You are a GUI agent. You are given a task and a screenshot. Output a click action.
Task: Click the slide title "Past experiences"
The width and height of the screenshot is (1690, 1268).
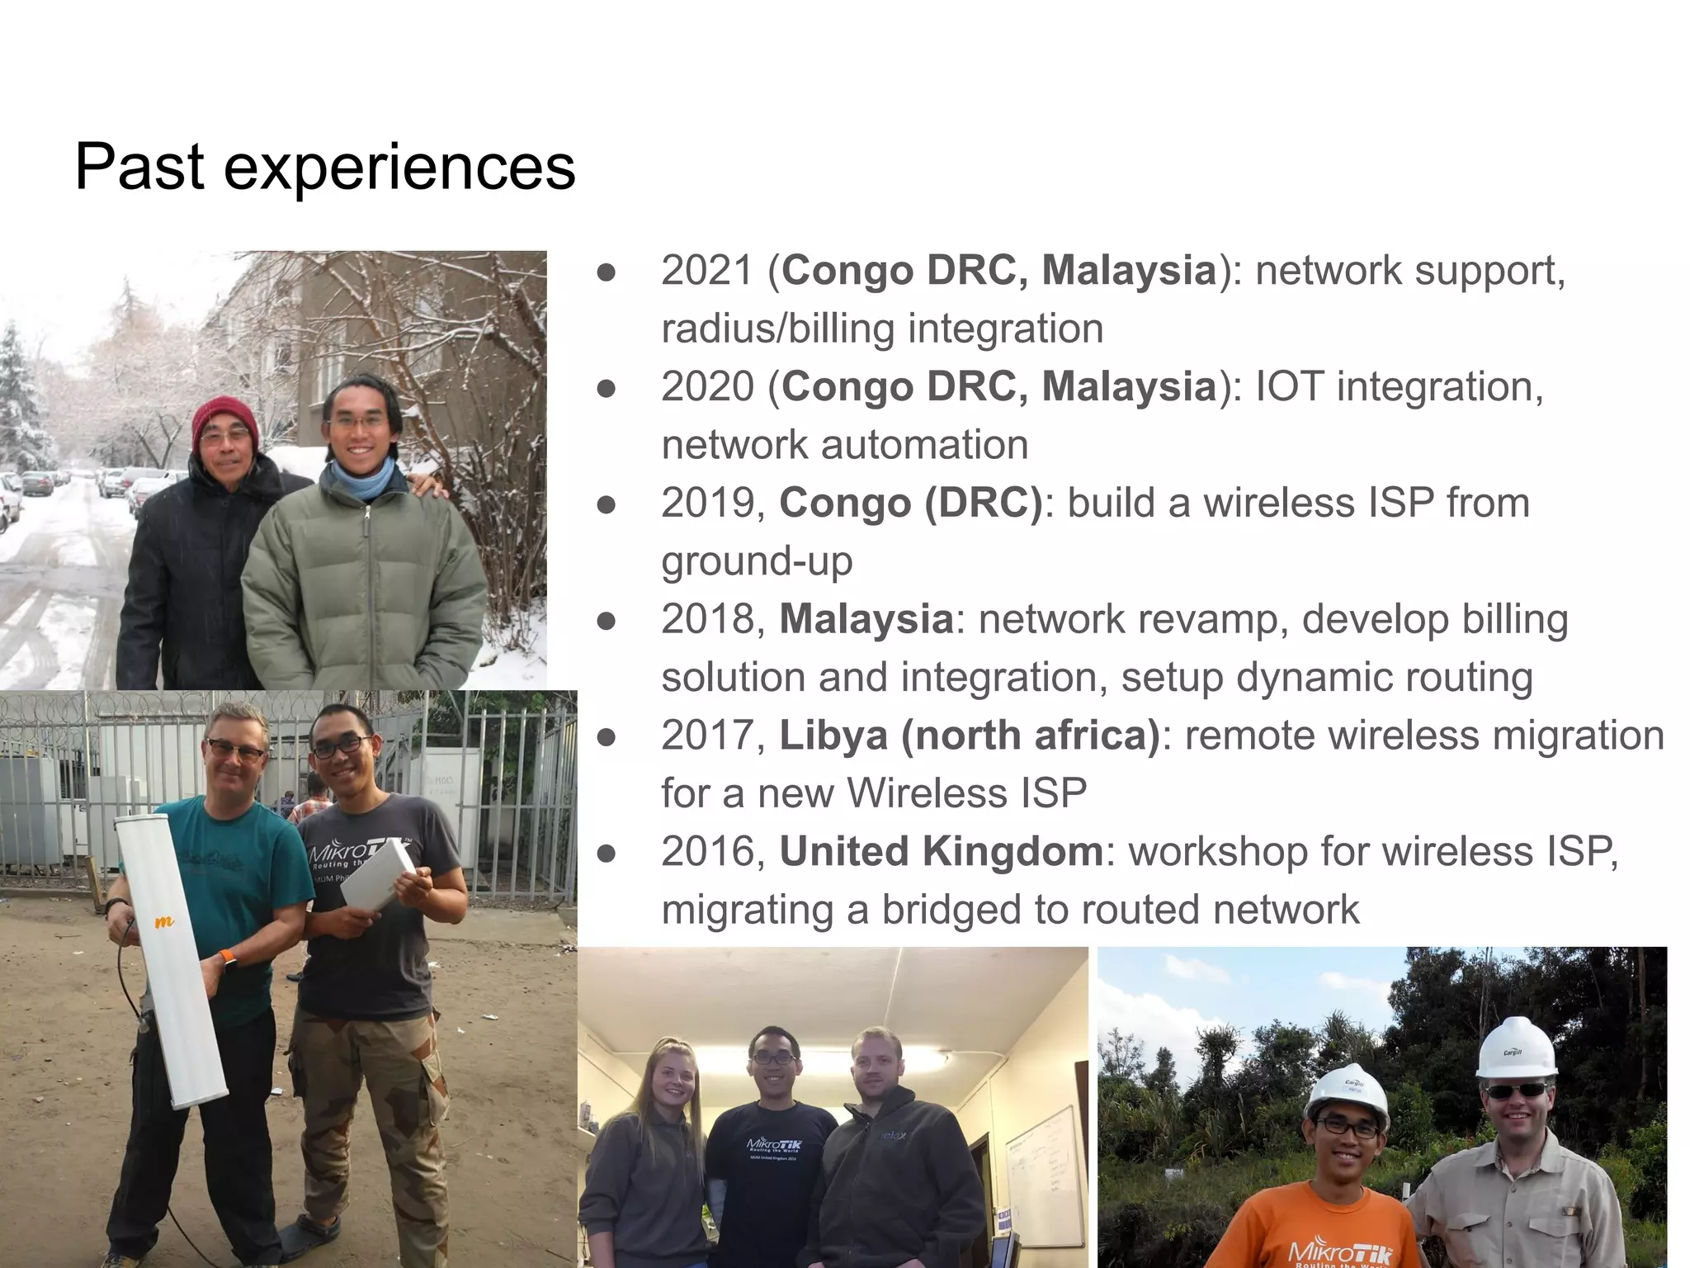point(324,167)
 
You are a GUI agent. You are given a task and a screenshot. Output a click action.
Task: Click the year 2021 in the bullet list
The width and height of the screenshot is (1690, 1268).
point(707,271)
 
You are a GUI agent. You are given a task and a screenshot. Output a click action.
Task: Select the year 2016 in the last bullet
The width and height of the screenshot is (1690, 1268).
point(707,852)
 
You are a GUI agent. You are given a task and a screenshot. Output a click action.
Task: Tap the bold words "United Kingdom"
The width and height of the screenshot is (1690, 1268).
point(941,852)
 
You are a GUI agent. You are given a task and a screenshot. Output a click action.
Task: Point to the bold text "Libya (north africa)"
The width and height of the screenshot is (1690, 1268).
point(970,736)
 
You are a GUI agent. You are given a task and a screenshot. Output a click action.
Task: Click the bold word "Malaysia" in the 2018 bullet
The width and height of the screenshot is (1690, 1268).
point(866,619)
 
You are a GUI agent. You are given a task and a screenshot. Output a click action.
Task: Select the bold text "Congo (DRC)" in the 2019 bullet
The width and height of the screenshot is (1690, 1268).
point(911,503)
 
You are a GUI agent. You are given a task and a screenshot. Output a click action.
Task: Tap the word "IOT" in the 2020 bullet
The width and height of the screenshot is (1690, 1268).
point(1289,387)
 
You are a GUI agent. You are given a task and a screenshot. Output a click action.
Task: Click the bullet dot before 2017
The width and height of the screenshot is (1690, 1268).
point(607,737)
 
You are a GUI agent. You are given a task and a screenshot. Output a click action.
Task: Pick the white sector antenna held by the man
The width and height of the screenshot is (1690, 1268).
point(169,958)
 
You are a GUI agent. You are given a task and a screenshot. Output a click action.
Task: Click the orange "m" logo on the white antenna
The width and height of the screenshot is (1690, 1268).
point(164,921)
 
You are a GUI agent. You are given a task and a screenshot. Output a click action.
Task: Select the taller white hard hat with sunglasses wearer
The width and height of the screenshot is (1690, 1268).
point(1516,1048)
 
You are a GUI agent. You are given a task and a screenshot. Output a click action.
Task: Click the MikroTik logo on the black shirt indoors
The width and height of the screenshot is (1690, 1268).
point(773,1143)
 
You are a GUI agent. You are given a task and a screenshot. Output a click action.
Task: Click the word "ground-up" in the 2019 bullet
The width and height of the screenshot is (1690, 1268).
point(757,561)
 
